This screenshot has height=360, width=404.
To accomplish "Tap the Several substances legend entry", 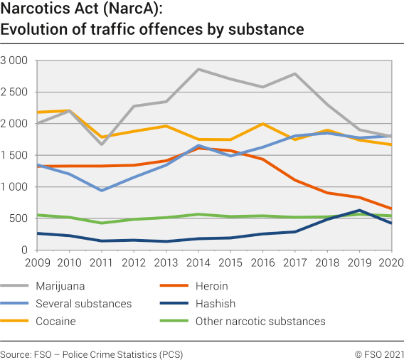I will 83,303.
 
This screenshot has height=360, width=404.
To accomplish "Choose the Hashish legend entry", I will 214,303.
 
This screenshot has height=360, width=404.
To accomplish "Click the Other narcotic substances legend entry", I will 260,321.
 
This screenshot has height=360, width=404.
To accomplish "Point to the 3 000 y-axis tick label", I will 14,60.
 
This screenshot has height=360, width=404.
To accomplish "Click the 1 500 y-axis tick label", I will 14,155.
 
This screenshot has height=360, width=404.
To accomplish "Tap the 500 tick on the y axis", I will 19,218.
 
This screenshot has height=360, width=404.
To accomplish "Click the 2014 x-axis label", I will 198,263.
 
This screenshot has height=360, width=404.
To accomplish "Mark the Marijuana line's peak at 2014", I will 198,69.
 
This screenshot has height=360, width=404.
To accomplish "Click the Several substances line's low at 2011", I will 101,191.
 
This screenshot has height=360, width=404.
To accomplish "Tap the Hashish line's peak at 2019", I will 360,210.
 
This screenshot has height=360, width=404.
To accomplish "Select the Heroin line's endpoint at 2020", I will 391,209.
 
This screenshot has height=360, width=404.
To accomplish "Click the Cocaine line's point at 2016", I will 262,124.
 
